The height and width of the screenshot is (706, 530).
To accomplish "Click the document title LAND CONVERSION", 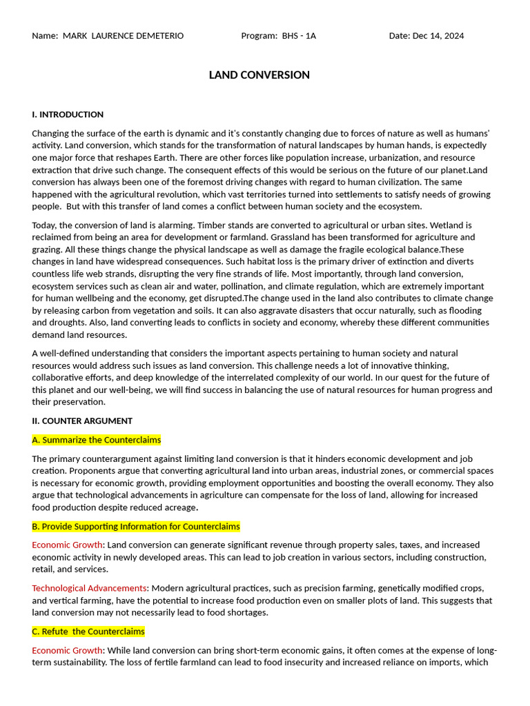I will click(x=259, y=75).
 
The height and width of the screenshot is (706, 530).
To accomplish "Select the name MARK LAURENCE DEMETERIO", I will click(x=123, y=36).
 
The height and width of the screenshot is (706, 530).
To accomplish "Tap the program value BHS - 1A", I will click(x=299, y=36).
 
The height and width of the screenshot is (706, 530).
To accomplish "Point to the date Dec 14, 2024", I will click(x=438, y=36).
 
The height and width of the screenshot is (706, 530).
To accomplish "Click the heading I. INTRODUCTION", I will click(x=68, y=114).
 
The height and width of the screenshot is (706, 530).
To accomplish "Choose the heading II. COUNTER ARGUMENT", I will click(x=82, y=421).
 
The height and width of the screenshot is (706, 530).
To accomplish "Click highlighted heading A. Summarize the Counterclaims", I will click(x=97, y=440).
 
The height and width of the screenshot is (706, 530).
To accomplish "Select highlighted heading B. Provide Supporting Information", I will click(x=136, y=526).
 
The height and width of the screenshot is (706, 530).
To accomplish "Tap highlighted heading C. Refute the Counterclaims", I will click(x=88, y=631).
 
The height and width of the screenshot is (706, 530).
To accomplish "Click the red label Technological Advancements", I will click(x=89, y=588).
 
